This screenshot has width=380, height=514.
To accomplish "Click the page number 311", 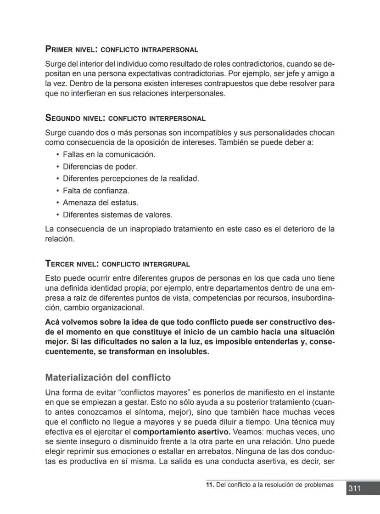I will pos(354,488).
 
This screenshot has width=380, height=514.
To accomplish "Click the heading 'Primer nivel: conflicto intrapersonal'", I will pos(122,49).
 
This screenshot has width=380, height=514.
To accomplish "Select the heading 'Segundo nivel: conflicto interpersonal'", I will pos(125,118).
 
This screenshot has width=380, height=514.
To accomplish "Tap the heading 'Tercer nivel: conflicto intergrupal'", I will pos(117,264).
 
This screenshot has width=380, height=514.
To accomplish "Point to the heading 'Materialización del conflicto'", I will pos(108,378).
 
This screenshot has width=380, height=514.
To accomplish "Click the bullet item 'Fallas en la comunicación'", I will pos(109,154).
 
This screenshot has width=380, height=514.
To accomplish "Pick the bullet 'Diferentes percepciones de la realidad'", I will pos(131,178).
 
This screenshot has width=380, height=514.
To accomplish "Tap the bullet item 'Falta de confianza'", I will pos(96,190).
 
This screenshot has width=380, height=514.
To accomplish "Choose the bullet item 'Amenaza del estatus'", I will pos(101,202).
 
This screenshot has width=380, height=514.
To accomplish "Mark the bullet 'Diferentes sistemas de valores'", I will pos(117,215).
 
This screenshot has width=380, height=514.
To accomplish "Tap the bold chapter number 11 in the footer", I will pos(209,485).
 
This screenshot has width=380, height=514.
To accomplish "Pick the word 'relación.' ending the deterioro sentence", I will pos(60,239).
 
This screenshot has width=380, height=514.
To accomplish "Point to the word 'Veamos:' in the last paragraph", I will pos(249,432).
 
